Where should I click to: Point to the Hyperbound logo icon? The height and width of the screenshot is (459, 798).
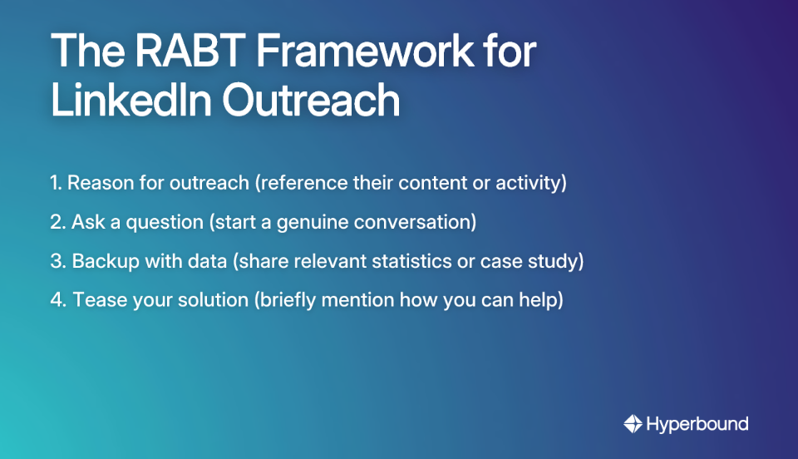pyautogui.click(x=633, y=424)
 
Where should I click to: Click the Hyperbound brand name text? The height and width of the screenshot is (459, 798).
pyautogui.click(x=697, y=424)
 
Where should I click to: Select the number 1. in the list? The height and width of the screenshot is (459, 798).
pyautogui.click(x=57, y=183)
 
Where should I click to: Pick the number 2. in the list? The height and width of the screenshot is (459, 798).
pyautogui.click(x=58, y=222)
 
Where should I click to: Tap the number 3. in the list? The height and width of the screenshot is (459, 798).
pyautogui.click(x=58, y=261)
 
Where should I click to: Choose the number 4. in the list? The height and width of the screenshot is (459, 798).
pyautogui.click(x=58, y=300)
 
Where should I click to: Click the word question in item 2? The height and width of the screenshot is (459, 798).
pyautogui.click(x=154, y=222)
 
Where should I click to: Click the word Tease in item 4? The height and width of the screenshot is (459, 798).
pyautogui.click(x=96, y=300)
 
